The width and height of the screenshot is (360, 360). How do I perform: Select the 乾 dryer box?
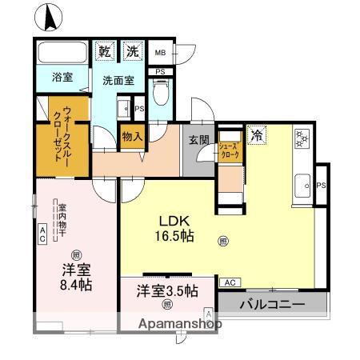point(105,52)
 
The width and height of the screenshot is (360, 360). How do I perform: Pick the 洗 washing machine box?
point(132,52)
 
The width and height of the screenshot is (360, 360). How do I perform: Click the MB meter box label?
point(160,54)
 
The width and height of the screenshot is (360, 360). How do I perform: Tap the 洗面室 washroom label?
point(117,80)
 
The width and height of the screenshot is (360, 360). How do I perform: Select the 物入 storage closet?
point(132,137)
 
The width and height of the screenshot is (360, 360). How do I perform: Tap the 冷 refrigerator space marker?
point(257,135)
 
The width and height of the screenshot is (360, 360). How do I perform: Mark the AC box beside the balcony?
point(230,282)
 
